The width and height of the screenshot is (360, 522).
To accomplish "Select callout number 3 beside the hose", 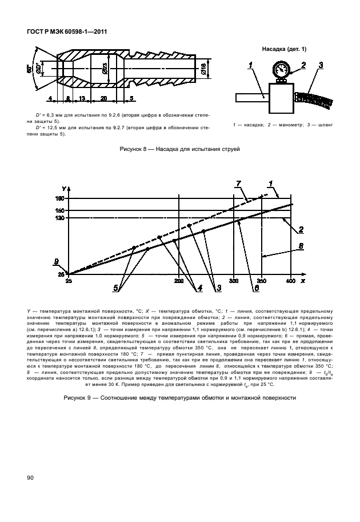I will (x=321, y=65).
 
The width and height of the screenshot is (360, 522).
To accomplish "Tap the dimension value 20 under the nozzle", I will (x=102, y=98).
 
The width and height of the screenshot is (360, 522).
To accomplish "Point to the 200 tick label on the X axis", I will (x=179, y=281).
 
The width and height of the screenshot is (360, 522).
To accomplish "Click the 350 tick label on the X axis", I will (x=262, y=281).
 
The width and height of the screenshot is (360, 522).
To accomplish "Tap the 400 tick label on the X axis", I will (x=290, y=281).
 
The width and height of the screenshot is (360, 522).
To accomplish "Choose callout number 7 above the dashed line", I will (x=240, y=183).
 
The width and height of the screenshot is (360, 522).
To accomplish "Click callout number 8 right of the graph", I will (x=300, y=246).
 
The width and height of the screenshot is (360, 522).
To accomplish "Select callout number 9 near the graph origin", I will (x=57, y=261).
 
